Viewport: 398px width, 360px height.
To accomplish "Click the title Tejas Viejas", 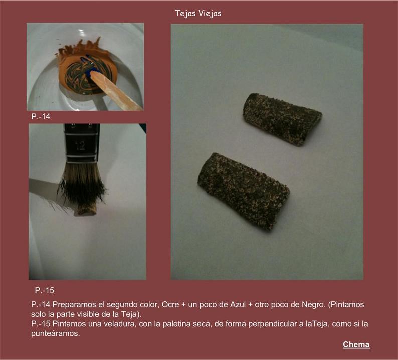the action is [198, 14].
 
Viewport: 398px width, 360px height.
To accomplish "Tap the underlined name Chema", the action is [356, 344].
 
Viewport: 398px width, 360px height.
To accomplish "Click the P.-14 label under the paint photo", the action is [41, 116].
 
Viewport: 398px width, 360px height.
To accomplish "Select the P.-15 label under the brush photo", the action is [45, 290].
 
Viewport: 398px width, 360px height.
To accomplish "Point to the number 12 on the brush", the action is [80, 146].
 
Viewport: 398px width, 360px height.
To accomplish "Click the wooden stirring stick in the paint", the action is [115, 91].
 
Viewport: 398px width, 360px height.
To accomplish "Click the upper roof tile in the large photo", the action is [282, 119].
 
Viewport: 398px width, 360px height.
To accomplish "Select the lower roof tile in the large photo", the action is [243, 191].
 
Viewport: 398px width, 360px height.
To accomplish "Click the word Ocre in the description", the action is [170, 304].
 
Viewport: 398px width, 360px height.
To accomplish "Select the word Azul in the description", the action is [238, 304].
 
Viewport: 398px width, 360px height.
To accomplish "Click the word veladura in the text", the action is [116, 324].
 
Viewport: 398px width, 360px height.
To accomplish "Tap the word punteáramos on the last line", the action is [55, 333].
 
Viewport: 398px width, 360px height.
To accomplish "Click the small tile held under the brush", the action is [86, 210].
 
